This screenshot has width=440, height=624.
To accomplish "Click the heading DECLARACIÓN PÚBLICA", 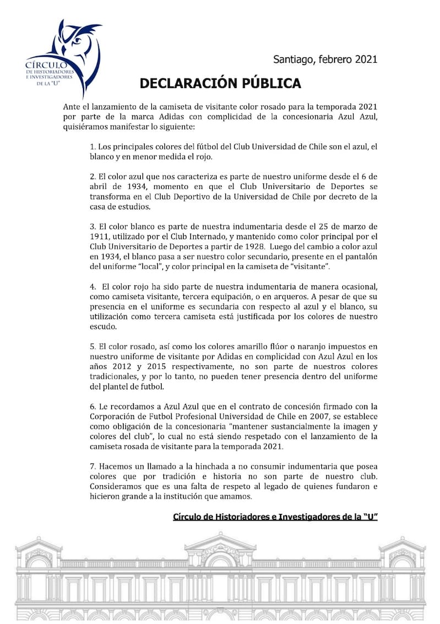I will (220, 83).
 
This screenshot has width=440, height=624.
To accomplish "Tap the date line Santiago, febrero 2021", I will (325, 59).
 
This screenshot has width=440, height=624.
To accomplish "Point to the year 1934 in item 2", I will (119, 186).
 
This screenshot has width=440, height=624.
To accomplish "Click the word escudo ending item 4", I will (103, 326).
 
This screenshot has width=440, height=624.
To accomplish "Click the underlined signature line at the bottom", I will (275, 517).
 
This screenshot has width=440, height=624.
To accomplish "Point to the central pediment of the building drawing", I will (220, 542).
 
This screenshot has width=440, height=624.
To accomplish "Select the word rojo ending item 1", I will (202, 156).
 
